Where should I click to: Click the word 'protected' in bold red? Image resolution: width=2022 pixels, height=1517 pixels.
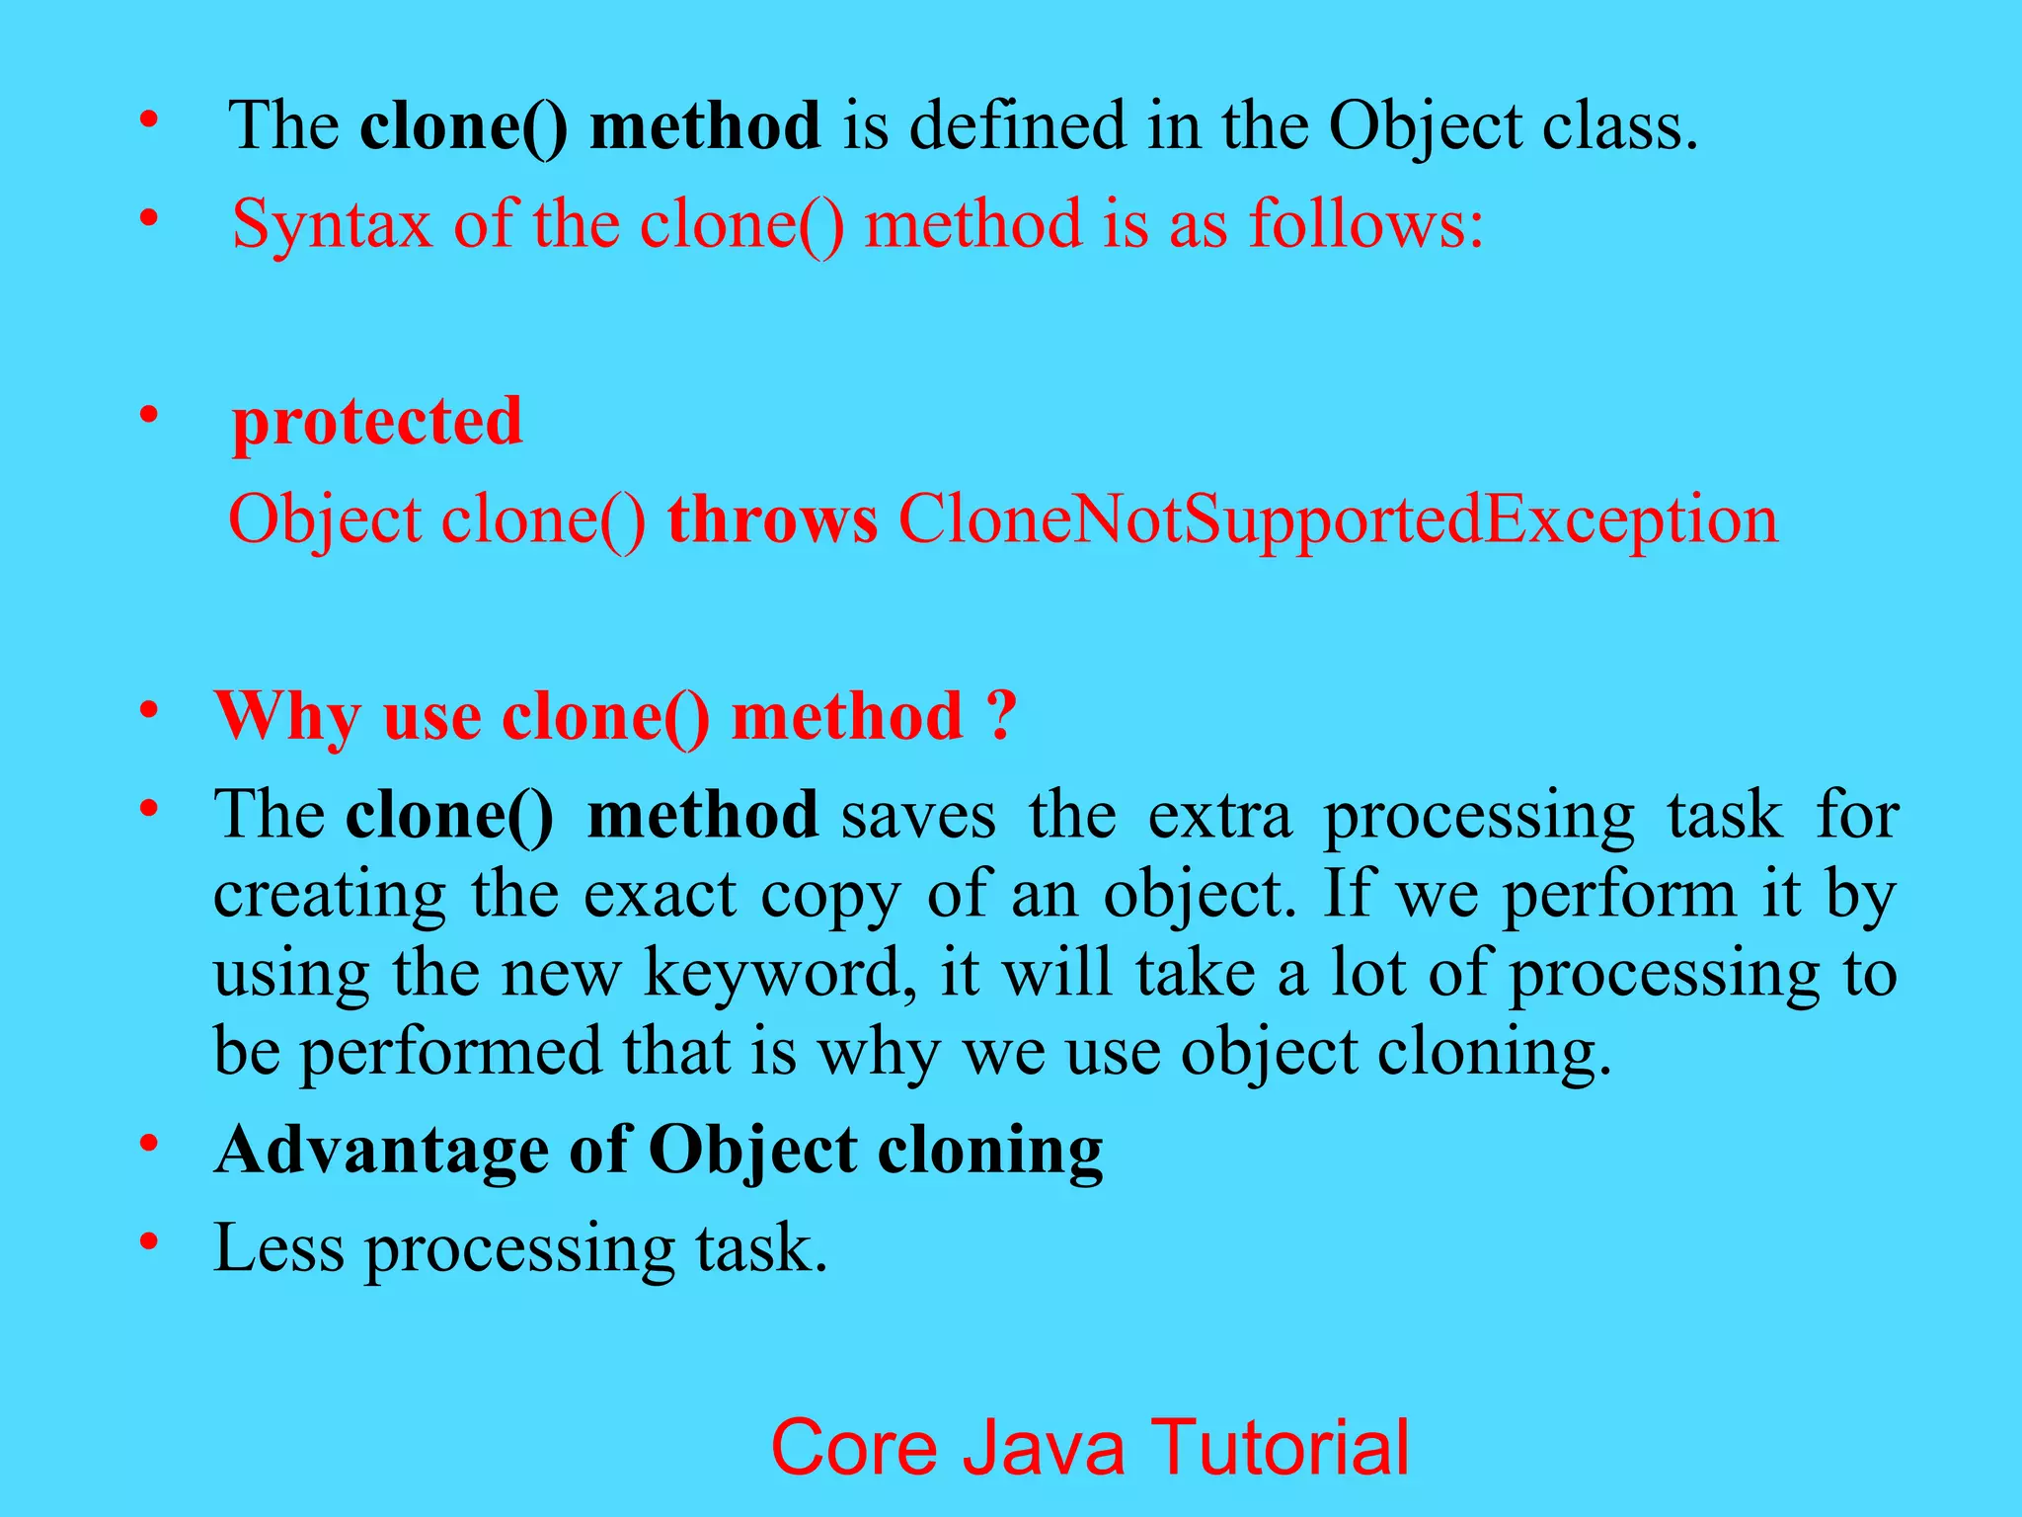pyautogui.click(x=376, y=423)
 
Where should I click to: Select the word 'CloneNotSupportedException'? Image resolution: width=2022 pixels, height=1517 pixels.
pyautogui.click(x=1338, y=519)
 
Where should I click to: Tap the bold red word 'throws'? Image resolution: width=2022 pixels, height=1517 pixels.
pyautogui.click(x=772, y=519)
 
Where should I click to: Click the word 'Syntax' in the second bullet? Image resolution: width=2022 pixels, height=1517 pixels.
pyautogui.click(x=332, y=225)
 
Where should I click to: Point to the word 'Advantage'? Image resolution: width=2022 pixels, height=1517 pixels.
pyautogui.click(x=381, y=1151)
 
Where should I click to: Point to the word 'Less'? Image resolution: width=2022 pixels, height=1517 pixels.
pyautogui.click(x=279, y=1248)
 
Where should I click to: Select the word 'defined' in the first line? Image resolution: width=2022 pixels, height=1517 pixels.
pyautogui.click(x=1017, y=126)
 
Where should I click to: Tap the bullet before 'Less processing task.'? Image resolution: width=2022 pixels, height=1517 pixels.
pyautogui.click(x=149, y=1240)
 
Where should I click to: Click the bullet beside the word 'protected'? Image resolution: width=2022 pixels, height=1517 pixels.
pyautogui.click(x=149, y=415)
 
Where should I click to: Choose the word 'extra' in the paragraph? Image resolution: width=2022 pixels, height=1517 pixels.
pyautogui.click(x=1219, y=816)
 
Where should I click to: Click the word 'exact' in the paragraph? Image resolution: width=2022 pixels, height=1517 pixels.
pyautogui.click(x=660, y=895)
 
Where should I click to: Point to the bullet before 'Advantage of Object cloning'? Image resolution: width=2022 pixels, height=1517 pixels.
pyautogui.click(x=149, y=1144)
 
